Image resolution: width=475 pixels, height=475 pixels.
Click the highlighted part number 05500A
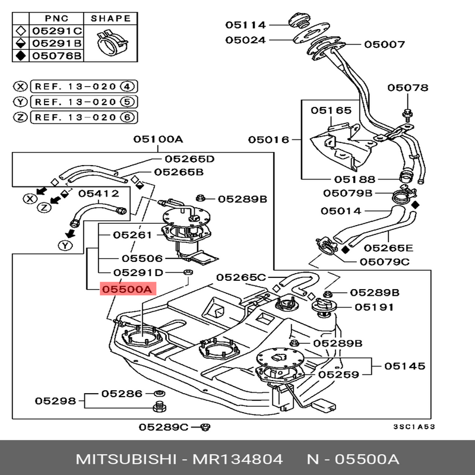[127, 289]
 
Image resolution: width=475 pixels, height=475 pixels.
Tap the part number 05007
[384, 44]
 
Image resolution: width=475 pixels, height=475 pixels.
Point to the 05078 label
[408, 87]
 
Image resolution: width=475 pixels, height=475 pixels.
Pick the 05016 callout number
[268, 140]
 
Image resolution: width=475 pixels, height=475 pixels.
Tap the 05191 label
[375, 307]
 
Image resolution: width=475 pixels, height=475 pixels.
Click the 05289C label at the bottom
[163, 426]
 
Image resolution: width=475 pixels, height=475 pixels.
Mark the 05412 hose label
[99, 193]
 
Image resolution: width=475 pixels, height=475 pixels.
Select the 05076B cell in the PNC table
[57, 56]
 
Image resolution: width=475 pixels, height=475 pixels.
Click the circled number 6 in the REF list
[126, 117]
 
